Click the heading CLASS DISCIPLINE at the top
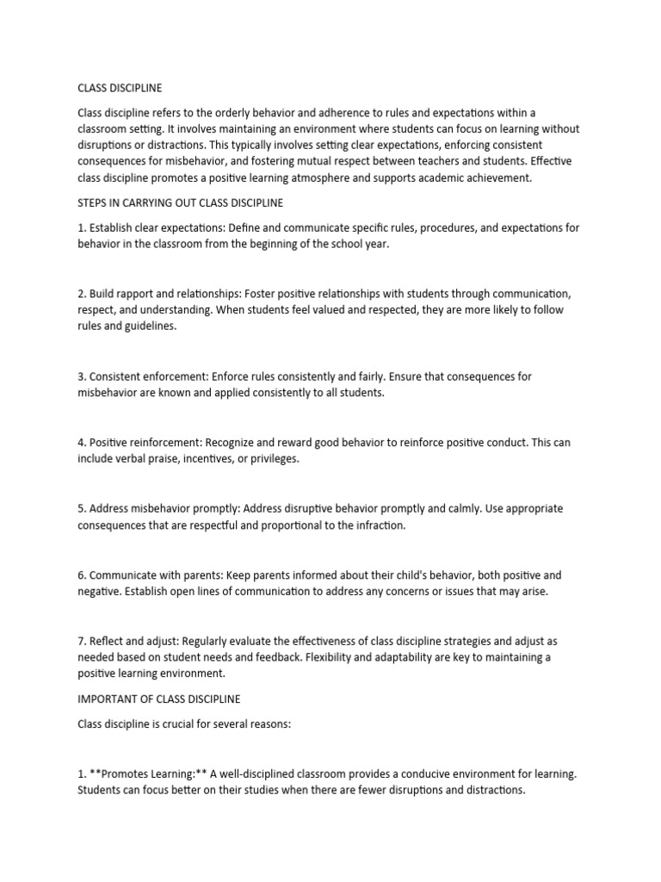(x=120, y=88)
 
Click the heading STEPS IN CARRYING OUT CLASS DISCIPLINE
(x=181, y=203)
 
